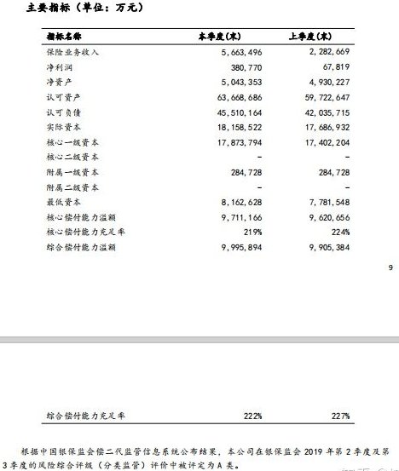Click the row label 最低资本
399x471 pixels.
(x=61, y=202)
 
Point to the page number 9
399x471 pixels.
(x=390, y=269)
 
